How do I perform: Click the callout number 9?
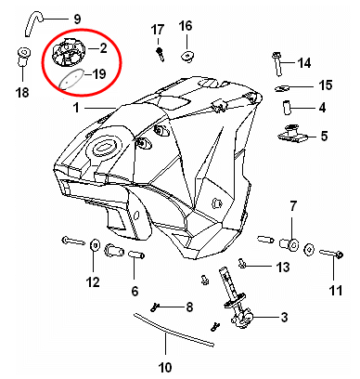click(77, 19)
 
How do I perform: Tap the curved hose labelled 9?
click(32, 21)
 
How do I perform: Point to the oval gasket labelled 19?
click(70, 79)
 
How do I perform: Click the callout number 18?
click(22, 92)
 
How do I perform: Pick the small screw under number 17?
click(161, 54)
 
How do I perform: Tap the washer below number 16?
click(186, 57)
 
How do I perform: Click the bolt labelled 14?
click(277, 64)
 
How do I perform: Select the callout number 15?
click(326, 85)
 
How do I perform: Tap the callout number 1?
click(76, 108)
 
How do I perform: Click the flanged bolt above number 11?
click(331, 255)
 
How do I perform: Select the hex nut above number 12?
click(95, 246)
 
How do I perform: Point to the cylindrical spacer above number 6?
click(136, 255)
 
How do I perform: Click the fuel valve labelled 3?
click(238, 299)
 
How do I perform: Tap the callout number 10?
click(165, 368)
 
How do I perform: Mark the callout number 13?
click(283, 267)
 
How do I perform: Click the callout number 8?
click(189, 307)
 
